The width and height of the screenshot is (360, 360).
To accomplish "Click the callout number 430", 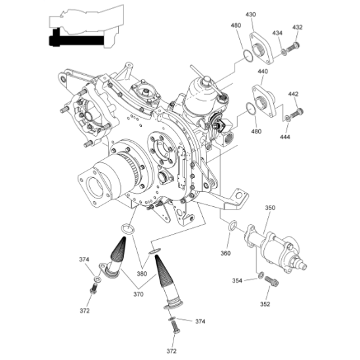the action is pos(250,14).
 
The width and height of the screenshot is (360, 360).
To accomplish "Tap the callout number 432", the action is pos(298,28).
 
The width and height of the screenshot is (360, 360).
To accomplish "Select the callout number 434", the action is pos(277,33).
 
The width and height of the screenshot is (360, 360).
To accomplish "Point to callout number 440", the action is pos(263,72).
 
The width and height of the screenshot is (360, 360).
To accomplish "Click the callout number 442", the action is pos(293,94).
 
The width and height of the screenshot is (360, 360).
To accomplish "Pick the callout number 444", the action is pos(285,137).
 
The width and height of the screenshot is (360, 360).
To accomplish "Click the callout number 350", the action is pos(270,208).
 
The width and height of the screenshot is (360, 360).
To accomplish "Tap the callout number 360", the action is pos(225,253).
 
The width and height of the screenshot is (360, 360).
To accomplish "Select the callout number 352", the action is pos(265,304).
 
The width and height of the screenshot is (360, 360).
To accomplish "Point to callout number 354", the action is pos(237,281).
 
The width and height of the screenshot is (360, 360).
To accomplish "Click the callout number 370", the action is pos(139,294).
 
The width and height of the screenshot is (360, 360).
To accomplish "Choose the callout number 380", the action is pos(142,274).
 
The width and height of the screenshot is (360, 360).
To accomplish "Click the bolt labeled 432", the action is pos(293,47).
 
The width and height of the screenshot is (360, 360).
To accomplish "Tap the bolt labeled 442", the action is pos(296,113).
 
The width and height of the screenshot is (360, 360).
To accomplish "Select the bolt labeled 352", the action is pos(271,281).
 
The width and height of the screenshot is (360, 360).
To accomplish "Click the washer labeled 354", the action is pos(261,275).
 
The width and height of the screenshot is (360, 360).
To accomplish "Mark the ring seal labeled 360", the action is pos(233,225).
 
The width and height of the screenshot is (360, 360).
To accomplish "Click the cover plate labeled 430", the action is pos(261,48).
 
